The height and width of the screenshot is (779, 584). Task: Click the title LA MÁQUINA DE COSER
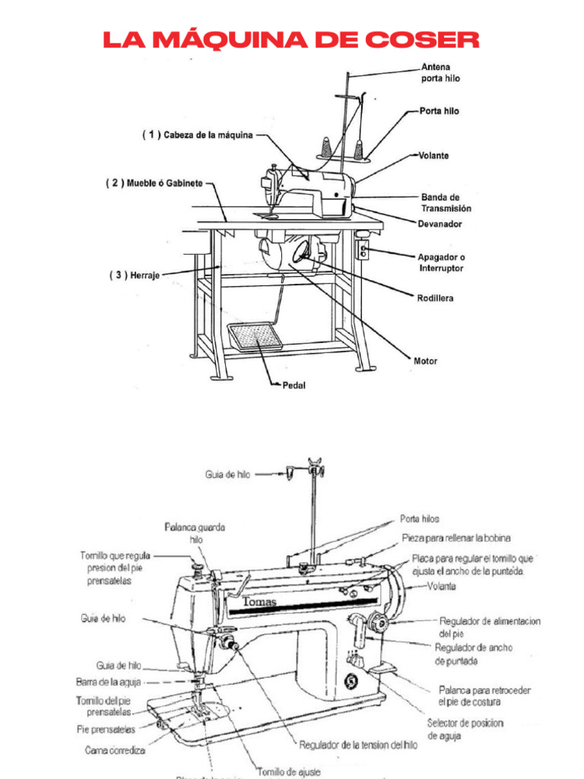coord(291,40)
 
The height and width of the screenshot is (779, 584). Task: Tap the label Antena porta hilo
coord(440,72)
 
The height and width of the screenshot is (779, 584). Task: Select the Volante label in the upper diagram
coord(433,155)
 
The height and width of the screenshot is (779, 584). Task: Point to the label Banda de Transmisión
coord(446,202)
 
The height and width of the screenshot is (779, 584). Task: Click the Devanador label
coord(440,224)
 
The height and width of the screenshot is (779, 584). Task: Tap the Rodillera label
coord(435,298)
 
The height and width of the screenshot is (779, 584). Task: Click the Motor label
coord(426,361)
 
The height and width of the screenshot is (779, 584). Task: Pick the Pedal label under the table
coord(294,385)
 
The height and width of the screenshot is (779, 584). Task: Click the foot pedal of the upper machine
coord(255,336)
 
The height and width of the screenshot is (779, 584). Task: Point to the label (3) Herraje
coord(134,275)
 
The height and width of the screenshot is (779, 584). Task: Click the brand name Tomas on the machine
coord(260,603)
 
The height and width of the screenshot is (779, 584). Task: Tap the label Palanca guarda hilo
coord(195,533)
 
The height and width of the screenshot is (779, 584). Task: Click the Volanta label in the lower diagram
coord(442,587)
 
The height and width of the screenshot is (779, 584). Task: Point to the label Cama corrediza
coord(115,750)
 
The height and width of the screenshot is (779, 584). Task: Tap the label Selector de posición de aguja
coord(465,729)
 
